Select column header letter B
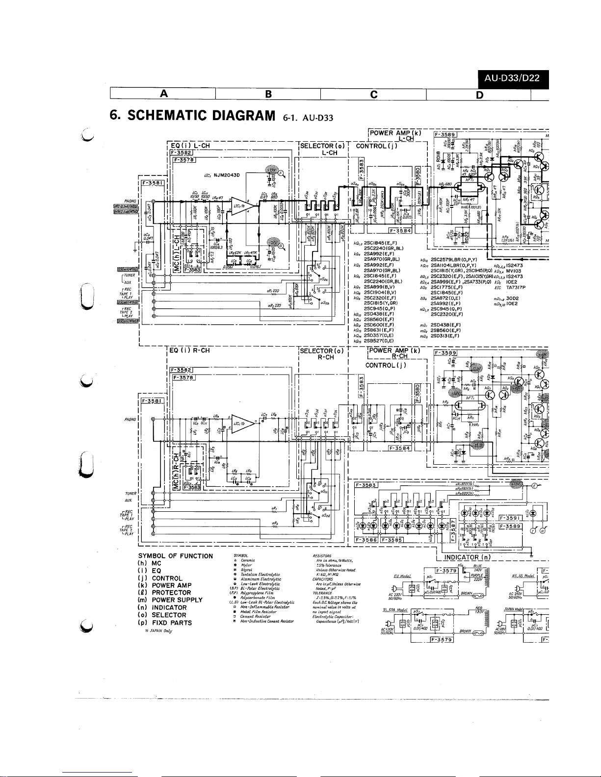click(268, 93)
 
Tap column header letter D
click(479, 94)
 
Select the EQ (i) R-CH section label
click(189, 351)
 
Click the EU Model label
click(402, 576)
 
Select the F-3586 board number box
click(366, 540)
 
